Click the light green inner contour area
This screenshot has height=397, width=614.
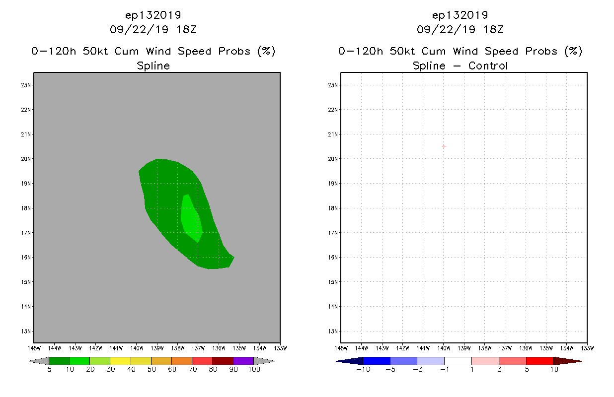coord(191,217)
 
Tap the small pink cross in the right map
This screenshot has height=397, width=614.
coord(444,146)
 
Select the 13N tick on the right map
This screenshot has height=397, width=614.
coord(334,331)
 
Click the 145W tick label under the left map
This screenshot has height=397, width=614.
coord(34,348)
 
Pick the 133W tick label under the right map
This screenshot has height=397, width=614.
coord(587,348)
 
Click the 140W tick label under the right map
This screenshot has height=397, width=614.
coord(444,348)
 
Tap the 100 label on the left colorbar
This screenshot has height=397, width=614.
coord(254,369)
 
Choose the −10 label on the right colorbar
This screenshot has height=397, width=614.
coord(363,369)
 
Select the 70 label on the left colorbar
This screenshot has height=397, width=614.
coord(192,369)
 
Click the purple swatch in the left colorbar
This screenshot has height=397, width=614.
coord(243,361)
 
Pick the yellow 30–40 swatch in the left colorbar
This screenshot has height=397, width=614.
coord(120,361)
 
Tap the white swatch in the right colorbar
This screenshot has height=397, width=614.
coord(458,361)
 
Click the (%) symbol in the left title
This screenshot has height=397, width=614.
coord(266,51)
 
